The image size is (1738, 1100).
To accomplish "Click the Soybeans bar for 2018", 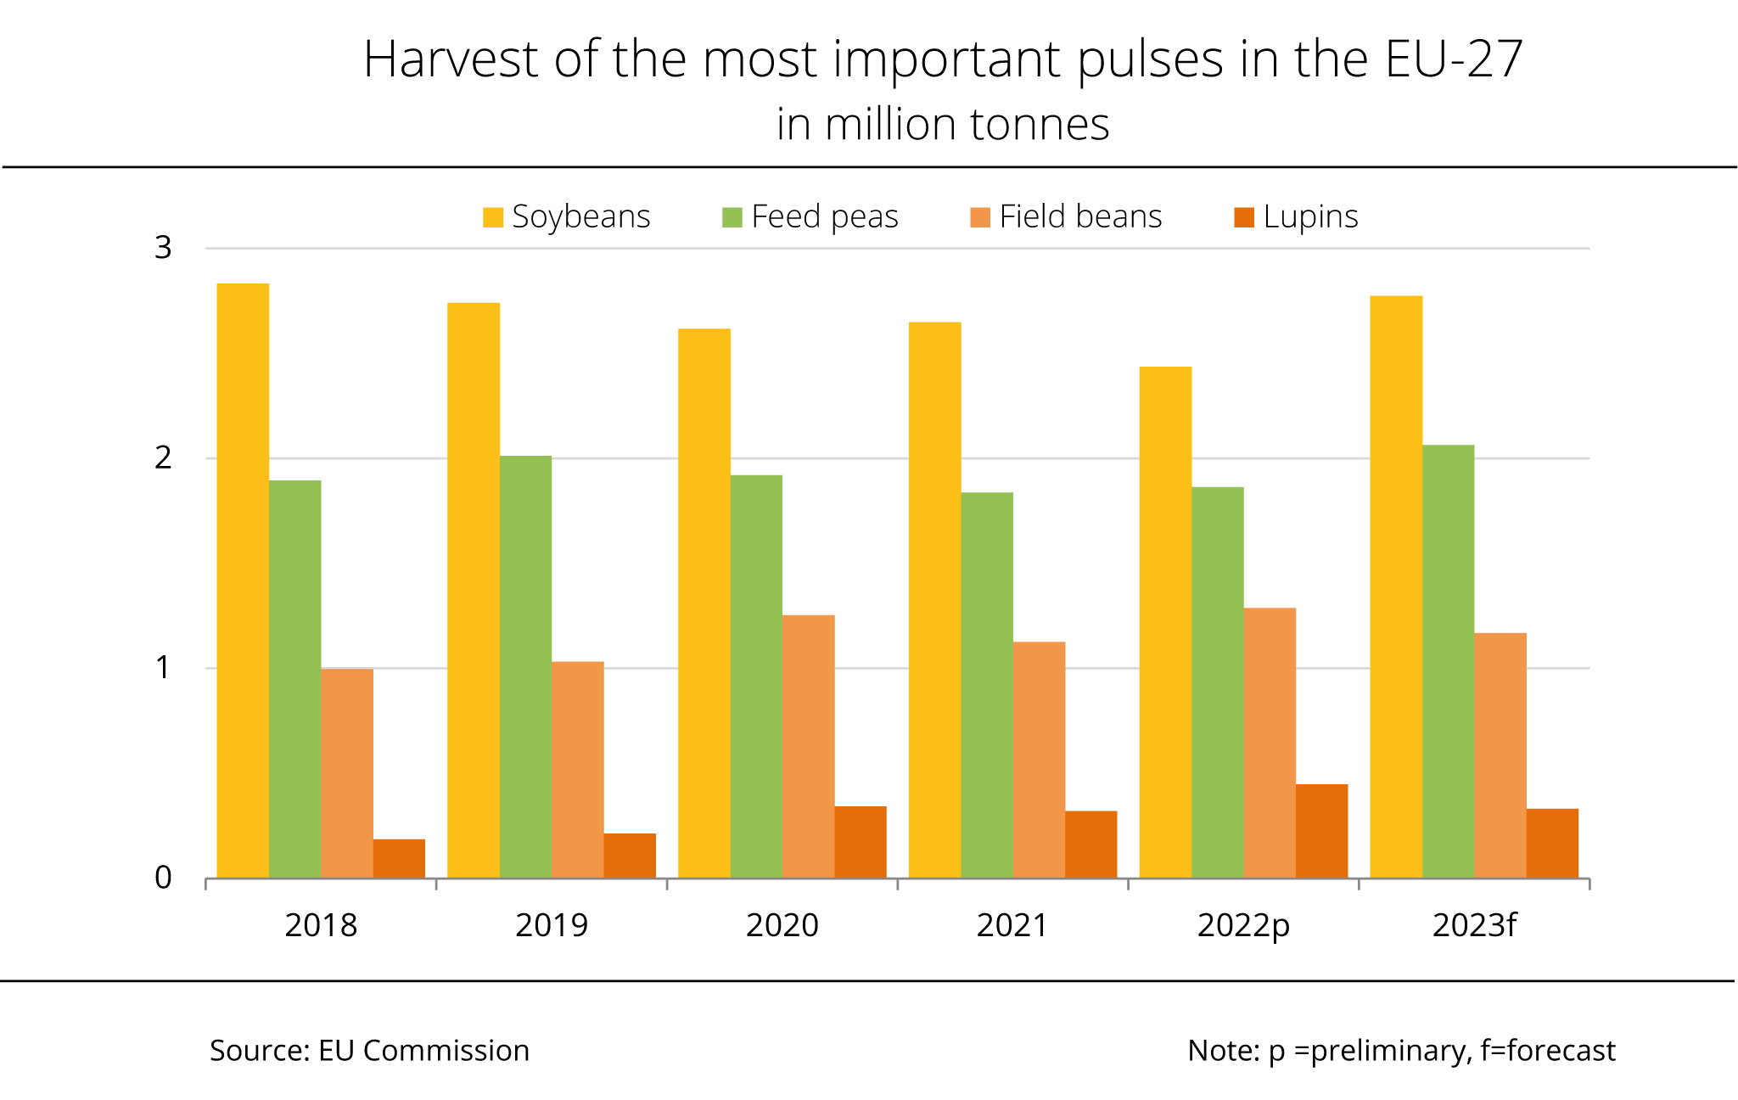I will (x=243, y=581).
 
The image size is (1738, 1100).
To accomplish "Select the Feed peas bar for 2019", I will (x=525, y=666).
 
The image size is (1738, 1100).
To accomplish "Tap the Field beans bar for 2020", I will (x=808, y=746).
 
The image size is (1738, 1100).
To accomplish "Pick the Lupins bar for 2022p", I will (x=1321, y=831).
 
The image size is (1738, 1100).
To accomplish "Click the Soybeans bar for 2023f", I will (x=1396, y=586).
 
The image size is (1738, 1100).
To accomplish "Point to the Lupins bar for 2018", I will (x=399, y=858).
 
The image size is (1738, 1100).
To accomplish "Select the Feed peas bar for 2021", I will (x=987, y=685).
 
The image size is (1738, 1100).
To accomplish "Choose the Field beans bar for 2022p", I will (x=1270, y=743).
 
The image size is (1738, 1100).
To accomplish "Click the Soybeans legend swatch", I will (x=493, y=217).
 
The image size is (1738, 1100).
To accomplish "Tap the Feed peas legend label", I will (x=824, y=217).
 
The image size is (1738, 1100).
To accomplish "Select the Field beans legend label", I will (x=1080, y=217).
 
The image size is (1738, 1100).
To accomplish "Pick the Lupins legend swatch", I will (x=1244, y=217).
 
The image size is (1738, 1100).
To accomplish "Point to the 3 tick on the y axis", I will (x=163, y=248).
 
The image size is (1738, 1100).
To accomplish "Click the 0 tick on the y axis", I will (x=163, y=878).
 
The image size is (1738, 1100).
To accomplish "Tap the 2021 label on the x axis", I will (x=1012, y=925).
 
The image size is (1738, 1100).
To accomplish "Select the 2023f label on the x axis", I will (x=1474, y=925).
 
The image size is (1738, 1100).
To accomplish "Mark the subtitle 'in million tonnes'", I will (x=943, y=125).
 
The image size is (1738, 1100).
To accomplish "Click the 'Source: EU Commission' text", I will (x=369, y=1051).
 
